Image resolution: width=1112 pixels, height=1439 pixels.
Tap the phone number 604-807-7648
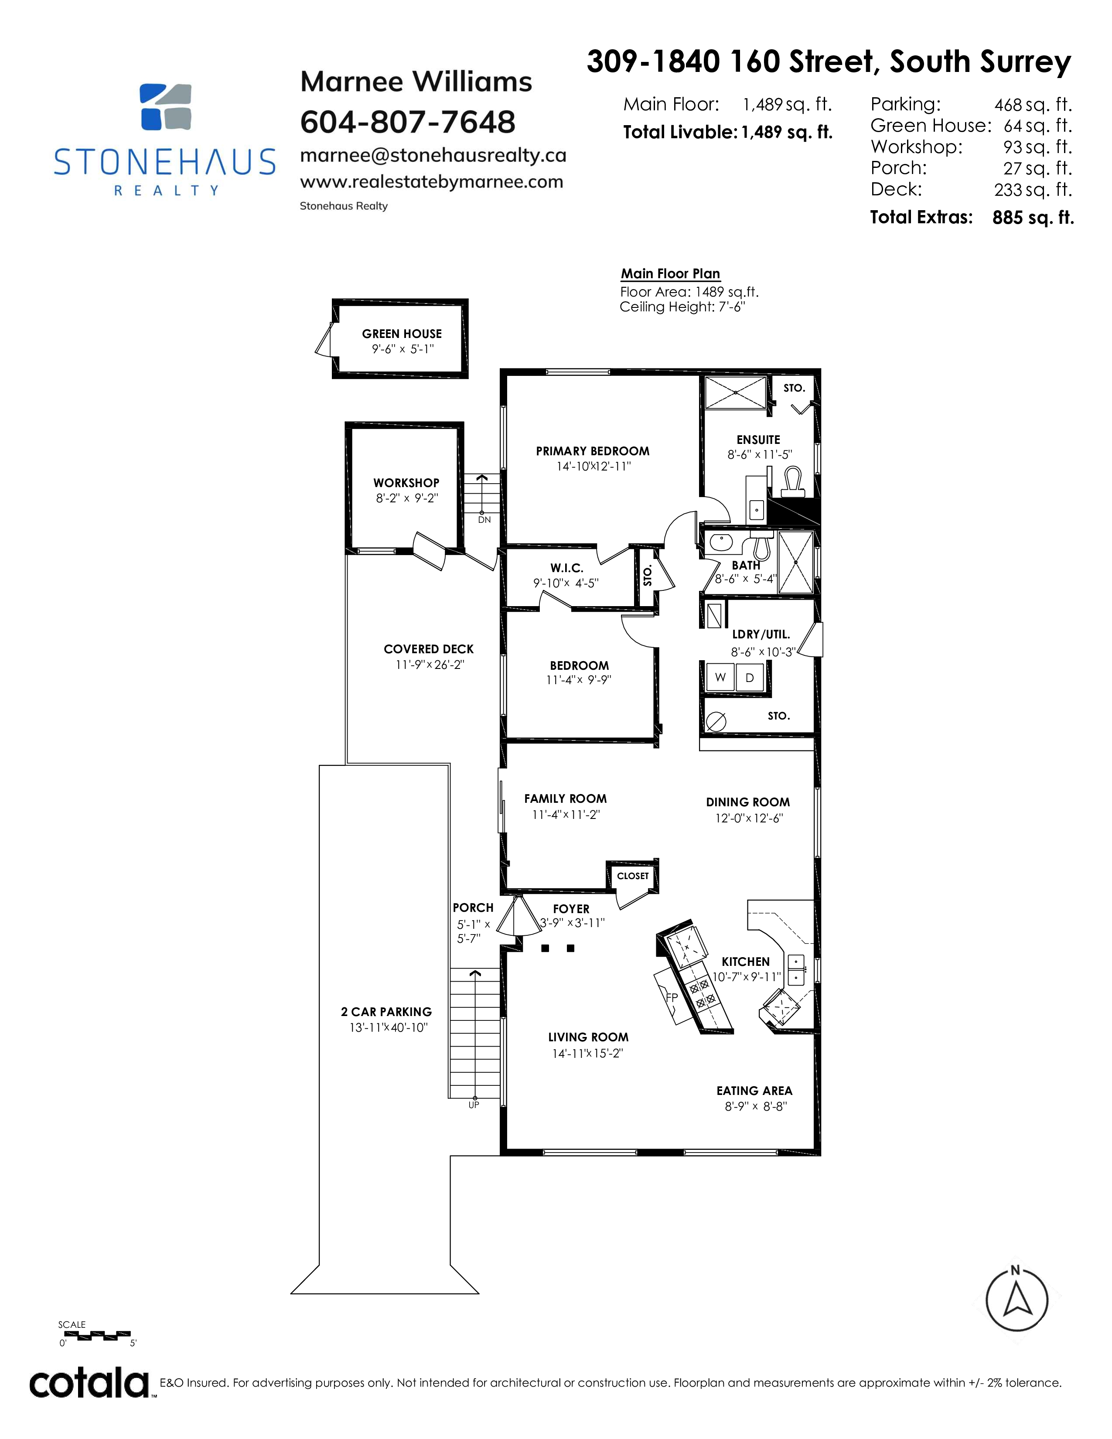coord(408,122)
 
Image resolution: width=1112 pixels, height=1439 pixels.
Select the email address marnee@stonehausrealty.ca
coord(433,156)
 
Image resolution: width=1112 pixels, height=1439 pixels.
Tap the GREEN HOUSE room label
coord(402,334)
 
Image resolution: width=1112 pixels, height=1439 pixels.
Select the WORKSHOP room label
coord(406,483)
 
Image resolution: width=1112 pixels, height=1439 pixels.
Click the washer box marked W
coord(721,677)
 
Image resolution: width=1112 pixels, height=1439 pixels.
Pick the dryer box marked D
coord(750,677)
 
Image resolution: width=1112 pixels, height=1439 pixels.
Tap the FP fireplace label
coord(671,998)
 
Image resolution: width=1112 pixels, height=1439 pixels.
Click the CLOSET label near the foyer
coord(633,876)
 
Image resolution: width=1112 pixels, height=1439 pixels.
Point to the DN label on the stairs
coord(484,520)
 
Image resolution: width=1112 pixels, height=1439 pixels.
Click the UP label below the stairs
coord(474,1105)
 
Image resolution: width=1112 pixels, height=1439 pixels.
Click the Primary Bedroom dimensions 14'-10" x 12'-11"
coord(594,467)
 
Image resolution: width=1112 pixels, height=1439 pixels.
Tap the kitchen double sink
coord(796,969)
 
